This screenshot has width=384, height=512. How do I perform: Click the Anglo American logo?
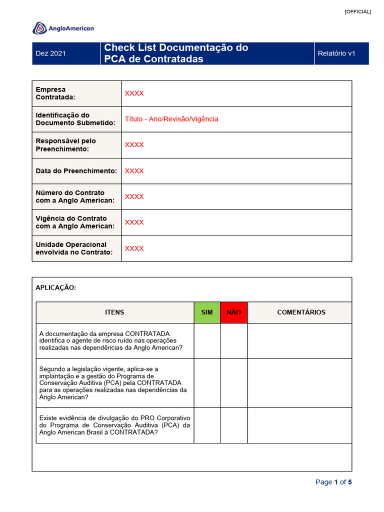(x=63, y=28)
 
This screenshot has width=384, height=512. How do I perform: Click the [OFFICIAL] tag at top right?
(x=357, y=11)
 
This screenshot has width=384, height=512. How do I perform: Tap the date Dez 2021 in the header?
(x=50, y=53)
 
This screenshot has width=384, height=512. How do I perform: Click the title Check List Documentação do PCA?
(x=175, y=53)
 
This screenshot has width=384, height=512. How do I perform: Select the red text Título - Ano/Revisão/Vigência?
(x=171, y=119)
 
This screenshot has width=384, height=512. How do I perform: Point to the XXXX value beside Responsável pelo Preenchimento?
(x=134, y=145)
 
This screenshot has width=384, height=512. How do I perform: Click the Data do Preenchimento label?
(x=76, y=171)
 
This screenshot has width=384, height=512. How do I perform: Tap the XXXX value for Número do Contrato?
(x=134, y=196)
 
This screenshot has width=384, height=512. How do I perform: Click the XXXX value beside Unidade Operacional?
(x=134, y=248)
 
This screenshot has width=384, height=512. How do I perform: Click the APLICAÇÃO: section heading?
(x=56, y=287)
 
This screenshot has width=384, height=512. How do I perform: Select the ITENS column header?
(x=114, y=312)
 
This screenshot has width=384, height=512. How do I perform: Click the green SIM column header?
(x=207, y=312)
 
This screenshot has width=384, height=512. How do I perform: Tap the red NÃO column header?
(x=233, y=312)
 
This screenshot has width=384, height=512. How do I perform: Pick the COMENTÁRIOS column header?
(x=301, y=312)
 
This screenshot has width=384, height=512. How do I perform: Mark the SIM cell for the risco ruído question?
(x=207, y=341)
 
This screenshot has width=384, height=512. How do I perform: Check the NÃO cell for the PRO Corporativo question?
(x=233, y=425)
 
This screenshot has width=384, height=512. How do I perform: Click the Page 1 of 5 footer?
(x=333, y=482)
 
